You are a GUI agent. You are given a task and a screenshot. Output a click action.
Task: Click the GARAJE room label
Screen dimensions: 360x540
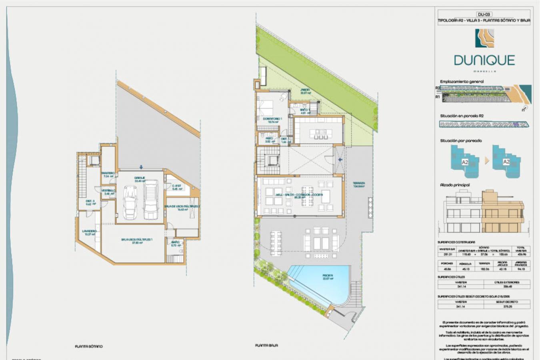pos(140,178)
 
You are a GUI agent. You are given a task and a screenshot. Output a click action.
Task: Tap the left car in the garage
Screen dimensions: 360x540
pos(130,202)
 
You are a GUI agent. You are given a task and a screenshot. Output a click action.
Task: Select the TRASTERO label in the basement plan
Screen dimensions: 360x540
pos(108,173)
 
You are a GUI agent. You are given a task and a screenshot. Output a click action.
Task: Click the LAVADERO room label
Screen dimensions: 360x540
pos(89,231)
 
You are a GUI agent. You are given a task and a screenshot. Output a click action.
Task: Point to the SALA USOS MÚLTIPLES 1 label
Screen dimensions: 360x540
pos(137,240)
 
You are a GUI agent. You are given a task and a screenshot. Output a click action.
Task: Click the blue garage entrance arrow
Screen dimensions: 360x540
pos(141,167)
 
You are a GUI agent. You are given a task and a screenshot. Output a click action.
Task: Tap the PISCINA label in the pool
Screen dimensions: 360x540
pos(328,276)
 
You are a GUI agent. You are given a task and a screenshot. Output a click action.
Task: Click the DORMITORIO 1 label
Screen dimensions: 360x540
pos(272,119)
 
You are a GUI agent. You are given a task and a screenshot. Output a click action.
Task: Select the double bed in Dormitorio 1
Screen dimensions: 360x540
pos(266,107)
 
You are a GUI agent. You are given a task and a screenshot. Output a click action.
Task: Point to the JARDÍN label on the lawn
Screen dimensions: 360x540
pos(305,90)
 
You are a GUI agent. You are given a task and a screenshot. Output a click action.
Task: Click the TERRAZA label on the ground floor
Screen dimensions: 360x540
pos(359,184)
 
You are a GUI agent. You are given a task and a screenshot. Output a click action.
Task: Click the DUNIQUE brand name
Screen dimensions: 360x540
pos(484,60)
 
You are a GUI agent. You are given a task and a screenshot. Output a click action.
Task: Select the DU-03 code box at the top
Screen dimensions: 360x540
pos(484,14)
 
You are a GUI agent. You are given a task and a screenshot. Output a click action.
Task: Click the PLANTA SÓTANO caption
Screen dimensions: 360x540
pos(89,346)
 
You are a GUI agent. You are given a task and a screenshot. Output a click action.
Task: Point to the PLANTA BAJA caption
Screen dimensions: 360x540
pos(266,345)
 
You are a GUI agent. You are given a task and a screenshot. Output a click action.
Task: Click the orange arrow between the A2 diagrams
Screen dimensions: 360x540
pos(486,160)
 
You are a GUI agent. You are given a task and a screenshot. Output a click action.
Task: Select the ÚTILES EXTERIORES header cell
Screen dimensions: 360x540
pos(507,282)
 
